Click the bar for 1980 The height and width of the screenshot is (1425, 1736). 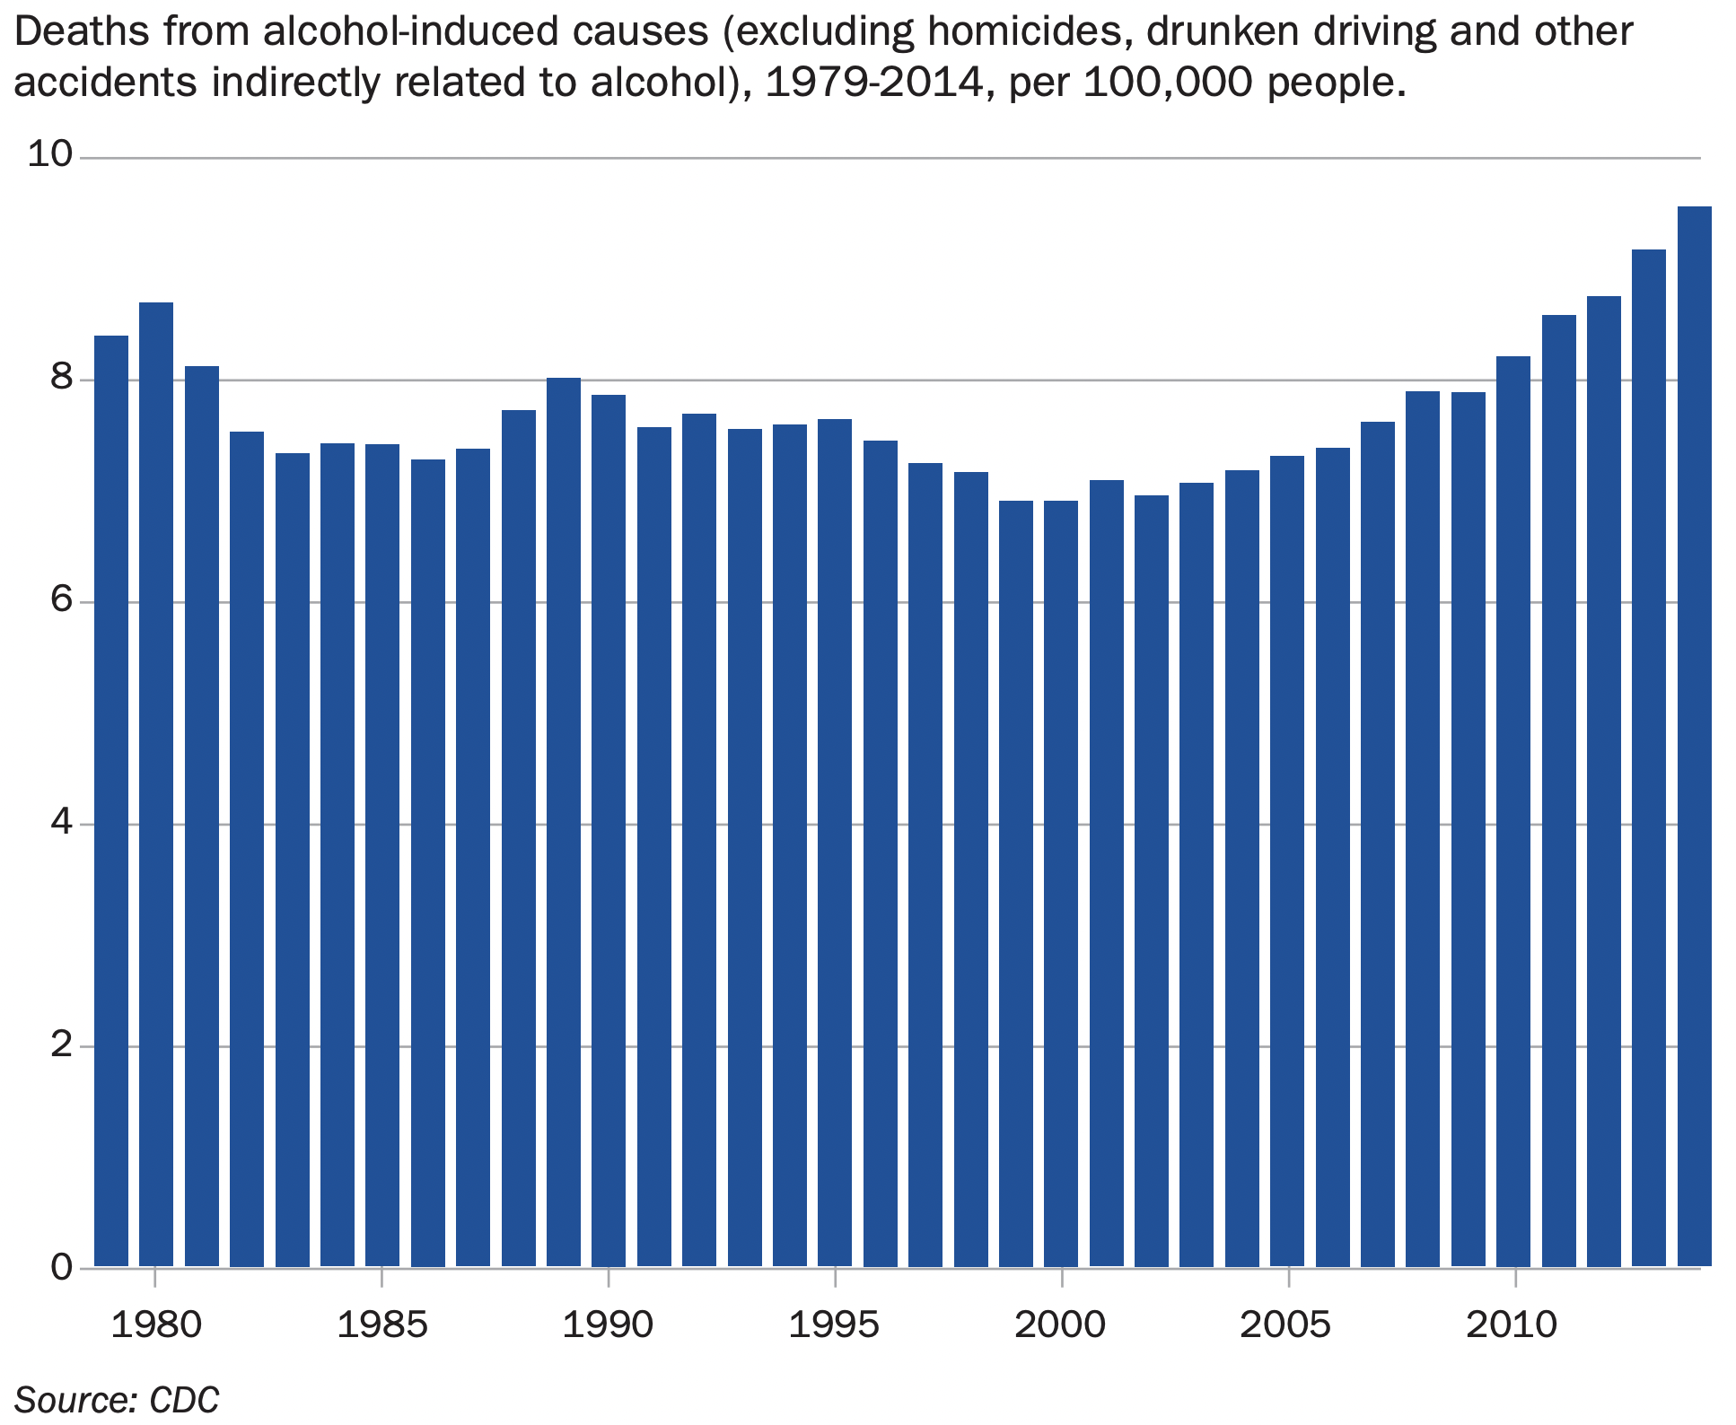pos(156,785)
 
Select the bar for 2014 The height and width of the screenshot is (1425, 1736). pos(1695,736)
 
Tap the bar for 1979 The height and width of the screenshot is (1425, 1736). pos(111,800)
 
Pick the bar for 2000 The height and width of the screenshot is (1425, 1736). pos(1061,884)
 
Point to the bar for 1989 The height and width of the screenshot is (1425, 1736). pos(564,822)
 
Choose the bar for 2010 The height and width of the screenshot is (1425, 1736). pos(1513,811)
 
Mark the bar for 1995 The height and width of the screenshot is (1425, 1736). pos(835,843)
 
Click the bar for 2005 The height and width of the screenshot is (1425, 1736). pos(1287,861)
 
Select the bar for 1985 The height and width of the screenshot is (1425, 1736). pos(382,855)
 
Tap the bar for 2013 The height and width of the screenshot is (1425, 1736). pos(1649,758)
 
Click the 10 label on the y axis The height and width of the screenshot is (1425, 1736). pos(49,155)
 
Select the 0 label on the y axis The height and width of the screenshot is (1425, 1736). pos(60,1267)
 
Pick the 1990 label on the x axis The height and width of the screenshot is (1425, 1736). pos(608,1324)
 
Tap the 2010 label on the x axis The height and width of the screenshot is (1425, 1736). pos(1513,1324)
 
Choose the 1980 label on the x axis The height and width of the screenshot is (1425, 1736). pos(156,1324)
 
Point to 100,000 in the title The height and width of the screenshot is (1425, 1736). pos(1170,83)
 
